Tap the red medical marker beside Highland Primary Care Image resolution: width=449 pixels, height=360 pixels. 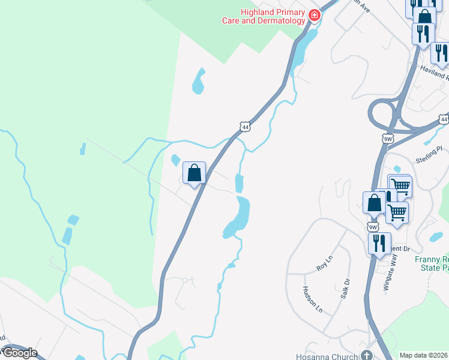pos(314,15)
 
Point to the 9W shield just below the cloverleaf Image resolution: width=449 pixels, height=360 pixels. pos(388,139)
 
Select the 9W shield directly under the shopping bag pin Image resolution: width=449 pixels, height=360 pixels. pos(373,227)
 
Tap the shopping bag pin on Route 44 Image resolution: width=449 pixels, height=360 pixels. pos(194,173)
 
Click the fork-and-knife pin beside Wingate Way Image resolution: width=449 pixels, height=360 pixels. pos(379,243)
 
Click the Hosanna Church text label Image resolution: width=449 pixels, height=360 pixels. pos(328,356)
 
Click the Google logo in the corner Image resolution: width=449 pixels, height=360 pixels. pos(19,353)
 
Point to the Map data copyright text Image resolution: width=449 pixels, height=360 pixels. pos(423,355)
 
